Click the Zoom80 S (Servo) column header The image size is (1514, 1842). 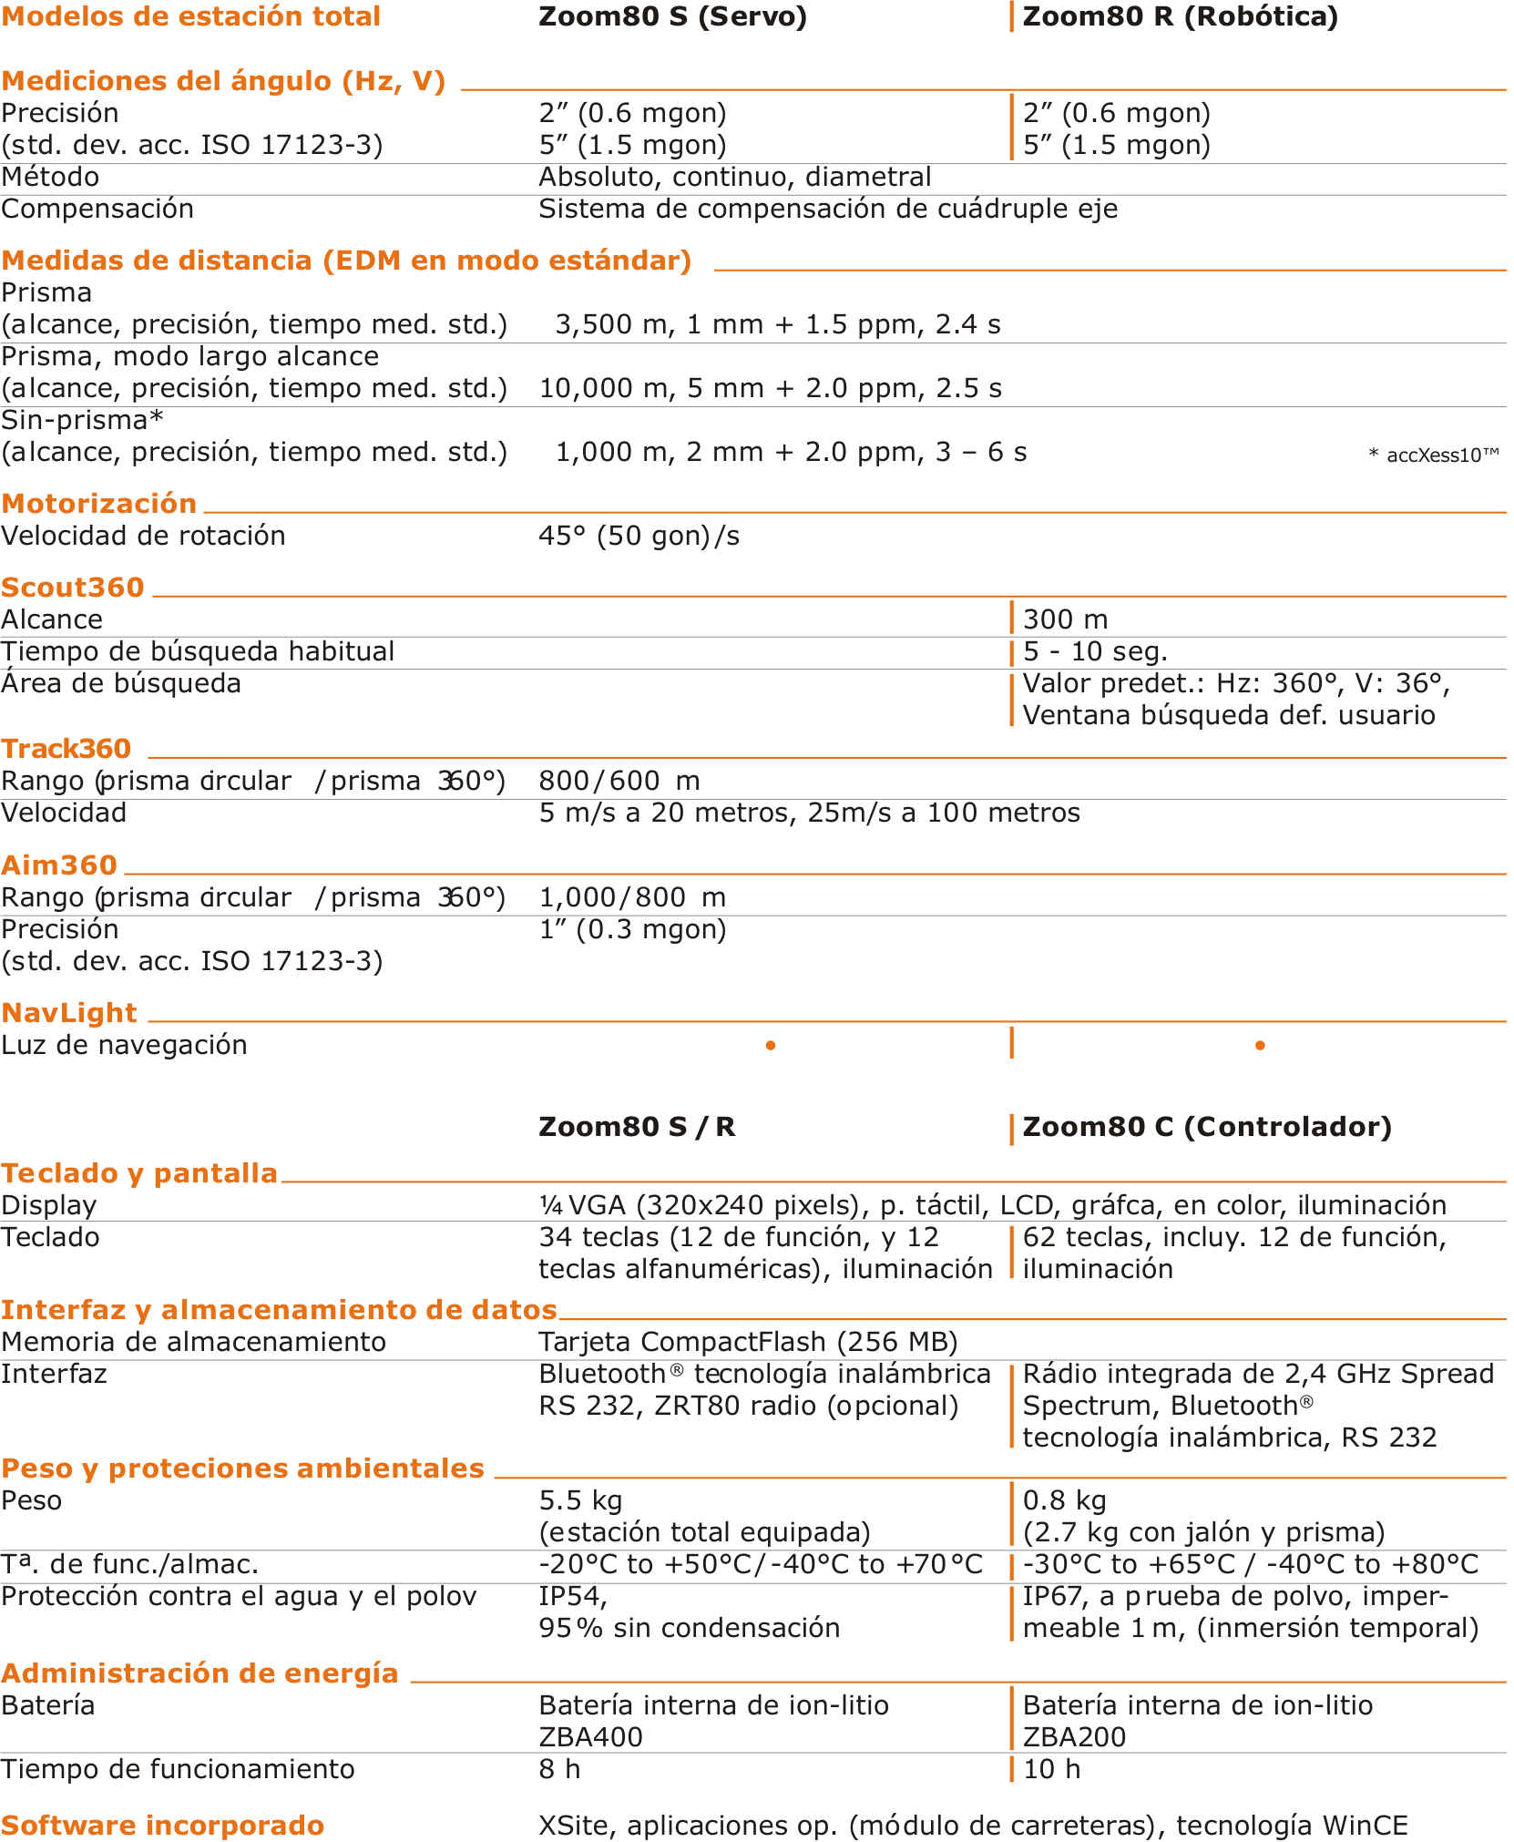(x=672, y=17)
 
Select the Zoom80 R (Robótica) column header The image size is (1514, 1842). (x=1181, y=17)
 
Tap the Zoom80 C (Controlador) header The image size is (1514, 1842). (x=1207, y=1127)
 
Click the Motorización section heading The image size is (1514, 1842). (x=99, y=504)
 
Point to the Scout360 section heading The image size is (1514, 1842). (x=73, y=588)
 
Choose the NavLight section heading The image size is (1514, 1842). (x=69, y=1013)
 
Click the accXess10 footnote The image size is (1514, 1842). (x=1434, y=455)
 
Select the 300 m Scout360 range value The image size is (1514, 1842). (x=1066, y=619)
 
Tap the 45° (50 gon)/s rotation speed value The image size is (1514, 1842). (x=639, y=536)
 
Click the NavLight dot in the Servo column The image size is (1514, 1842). (x=771, y=1046)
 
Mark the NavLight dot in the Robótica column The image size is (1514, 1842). (x=1260, y=1046)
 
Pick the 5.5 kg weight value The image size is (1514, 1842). (x=580, y=1500)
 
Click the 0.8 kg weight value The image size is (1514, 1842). (x=1064, y=1500)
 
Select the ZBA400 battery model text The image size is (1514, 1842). (x=590, y=1737)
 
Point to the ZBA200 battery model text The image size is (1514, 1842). (x=1074, y=1737)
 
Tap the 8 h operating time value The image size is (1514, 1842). (x=559, y=1769)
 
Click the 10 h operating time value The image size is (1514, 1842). (x=1052, y=1769)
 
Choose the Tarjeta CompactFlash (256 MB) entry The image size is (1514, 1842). (x=748, y=1342)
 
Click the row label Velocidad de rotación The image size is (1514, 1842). (x=143, y=536)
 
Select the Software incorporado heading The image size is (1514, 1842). (x=162, y=1826)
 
